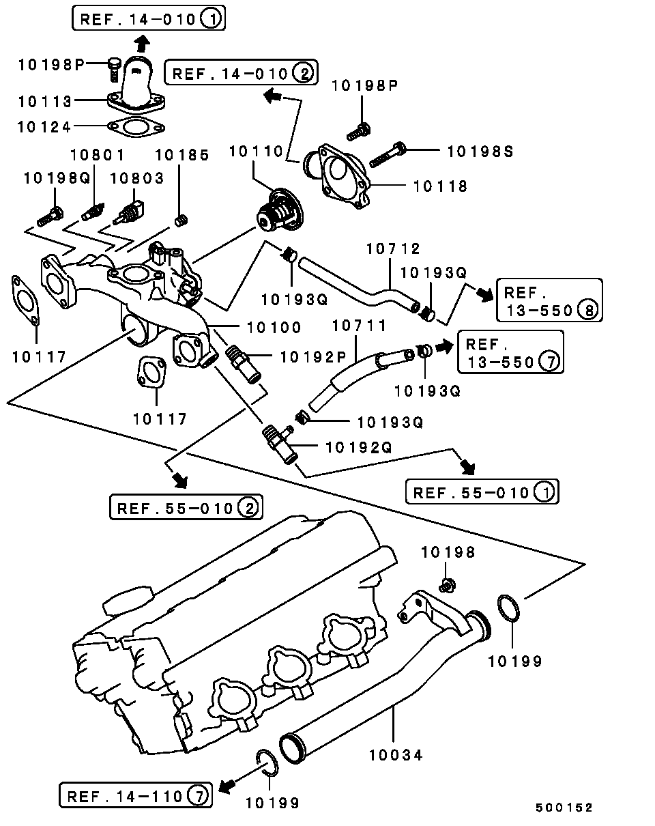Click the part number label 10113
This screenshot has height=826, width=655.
click(x=44, y=101)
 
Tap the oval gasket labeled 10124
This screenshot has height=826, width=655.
click(x=136, y=126)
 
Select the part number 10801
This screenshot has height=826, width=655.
click(x=98, y=155)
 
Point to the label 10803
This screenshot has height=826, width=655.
click(x=137, y=178)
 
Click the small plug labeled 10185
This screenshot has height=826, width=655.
click(x=181, y=220)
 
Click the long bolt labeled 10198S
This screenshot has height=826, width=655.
click(x=389, y=155)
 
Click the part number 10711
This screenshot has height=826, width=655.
click(x=360, y=326)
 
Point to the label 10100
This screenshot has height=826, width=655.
click(x=274, y=328)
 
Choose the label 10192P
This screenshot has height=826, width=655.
click(x=314, y=356)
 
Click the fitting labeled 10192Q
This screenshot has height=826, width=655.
click(x=280, y=442)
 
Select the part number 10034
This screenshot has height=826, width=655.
click(x=396, y=755)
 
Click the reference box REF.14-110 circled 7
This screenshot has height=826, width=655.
click(x=136, y=795)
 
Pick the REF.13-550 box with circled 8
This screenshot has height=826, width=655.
click(x=549, y=301)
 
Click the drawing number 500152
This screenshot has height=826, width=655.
click(x=564, y=808)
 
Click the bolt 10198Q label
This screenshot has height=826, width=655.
click(x=57, y=178)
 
